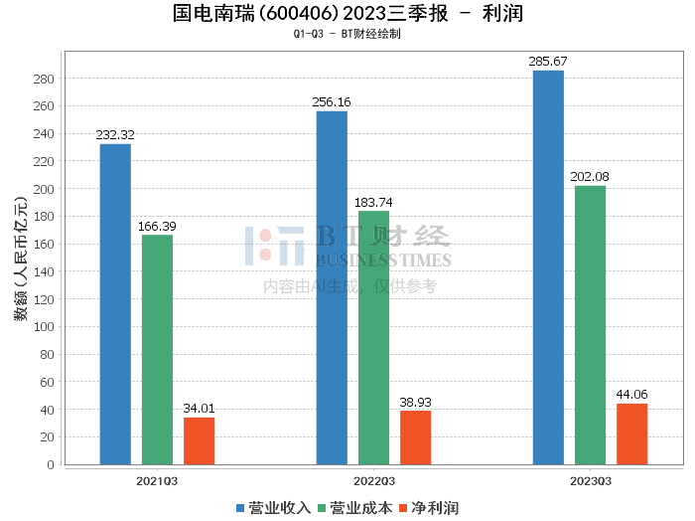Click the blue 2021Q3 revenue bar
click(115, 303)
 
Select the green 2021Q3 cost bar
click(157, 349)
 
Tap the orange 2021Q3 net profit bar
click(199, 440)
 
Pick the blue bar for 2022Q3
click(332, 287)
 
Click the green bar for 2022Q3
click(373, 337)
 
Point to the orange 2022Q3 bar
click(415, 437)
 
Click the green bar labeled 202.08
click(590, 324)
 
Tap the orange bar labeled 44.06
click(631, 434)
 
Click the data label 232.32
click(115, 135)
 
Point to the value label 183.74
click(373, 202)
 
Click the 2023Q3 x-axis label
click(590, 481)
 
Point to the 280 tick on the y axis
click(45, 79)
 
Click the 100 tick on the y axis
click(45, 326)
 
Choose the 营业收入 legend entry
click(274, 508)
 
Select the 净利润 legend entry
click(429, 508)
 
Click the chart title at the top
click(347, 14)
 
